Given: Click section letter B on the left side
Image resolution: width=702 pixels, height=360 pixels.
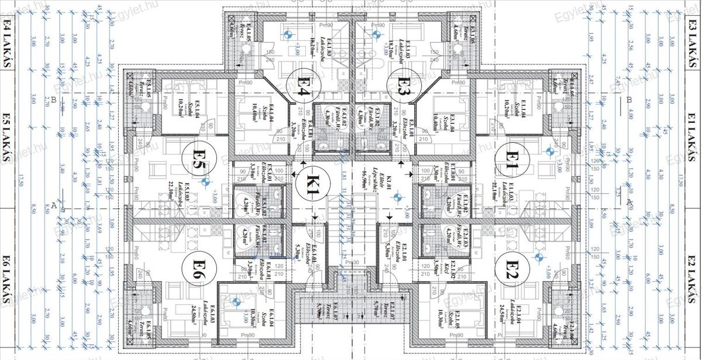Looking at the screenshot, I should (53, 100).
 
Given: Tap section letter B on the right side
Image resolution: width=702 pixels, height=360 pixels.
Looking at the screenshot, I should (629, 100).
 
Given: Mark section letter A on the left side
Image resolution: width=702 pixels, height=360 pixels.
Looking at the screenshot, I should (53, 205).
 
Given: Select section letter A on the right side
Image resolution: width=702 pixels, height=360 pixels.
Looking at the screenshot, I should (629, 202).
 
